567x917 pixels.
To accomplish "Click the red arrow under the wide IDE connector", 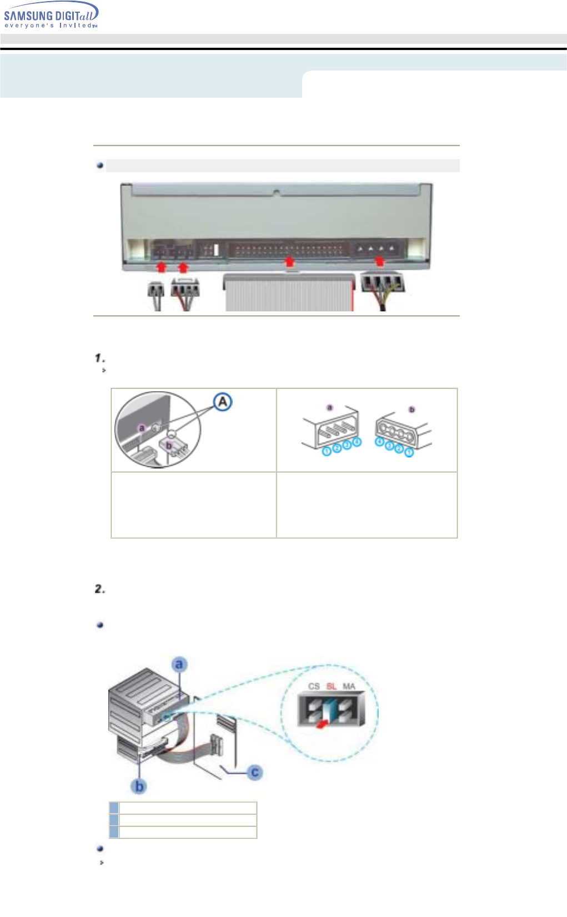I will tap(288, 261).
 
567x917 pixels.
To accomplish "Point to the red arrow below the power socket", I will tap(379, 260).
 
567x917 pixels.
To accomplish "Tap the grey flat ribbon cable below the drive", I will tap(289, 293).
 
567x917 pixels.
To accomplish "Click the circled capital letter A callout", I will tap(223, 402).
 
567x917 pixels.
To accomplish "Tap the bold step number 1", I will tap(100, 358).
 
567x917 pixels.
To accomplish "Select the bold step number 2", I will tap(100, 589).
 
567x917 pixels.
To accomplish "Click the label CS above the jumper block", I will tap(314, 687).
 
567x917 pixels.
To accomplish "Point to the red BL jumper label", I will tap(332, 687).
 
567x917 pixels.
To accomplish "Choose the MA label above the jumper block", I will tap(349, 687).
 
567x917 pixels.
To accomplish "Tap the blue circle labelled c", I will tap(255, 772).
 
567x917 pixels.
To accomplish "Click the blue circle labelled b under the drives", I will tap(139, 787).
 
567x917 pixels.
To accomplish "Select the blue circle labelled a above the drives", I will tap(179, 664).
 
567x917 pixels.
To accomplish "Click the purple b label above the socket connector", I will tap(412, 410).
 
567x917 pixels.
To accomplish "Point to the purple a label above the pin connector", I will tap(330, 407).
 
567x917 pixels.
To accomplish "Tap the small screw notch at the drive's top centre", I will tap(277, 193).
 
